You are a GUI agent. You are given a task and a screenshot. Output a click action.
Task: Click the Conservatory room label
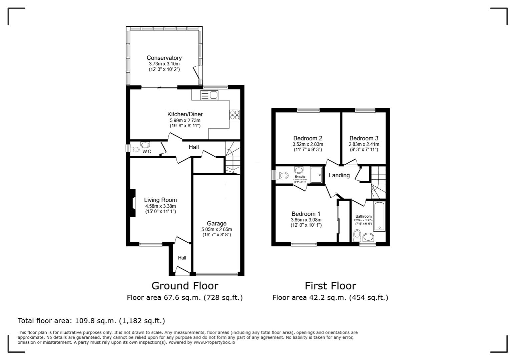[x=164, y=58]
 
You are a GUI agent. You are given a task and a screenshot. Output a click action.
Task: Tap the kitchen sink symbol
[x=209, y=95]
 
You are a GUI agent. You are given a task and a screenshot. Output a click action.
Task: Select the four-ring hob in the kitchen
[x=234, y=114]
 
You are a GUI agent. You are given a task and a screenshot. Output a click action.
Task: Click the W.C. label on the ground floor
[x=147, y=152]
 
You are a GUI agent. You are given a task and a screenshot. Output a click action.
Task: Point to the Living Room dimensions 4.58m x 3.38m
[x=160, y=206]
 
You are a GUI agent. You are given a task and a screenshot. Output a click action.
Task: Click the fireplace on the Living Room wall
[x=132, y=203]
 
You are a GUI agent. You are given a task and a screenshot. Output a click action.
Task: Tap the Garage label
[x=216, y=223]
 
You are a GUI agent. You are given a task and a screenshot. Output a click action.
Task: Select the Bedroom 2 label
[x=308, y=138]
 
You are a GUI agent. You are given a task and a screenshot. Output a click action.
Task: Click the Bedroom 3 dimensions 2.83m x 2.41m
[x=364, y=144]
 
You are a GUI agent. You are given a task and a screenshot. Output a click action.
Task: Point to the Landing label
[x=339, y=175]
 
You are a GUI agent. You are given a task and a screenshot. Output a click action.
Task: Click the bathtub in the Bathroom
[x=379, y=216]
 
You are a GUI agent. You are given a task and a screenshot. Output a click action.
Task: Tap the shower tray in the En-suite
[x=316, y=175]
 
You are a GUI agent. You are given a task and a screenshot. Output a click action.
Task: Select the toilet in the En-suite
[x=283, y=175]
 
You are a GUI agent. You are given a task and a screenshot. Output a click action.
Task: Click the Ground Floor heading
[x=185, y=286]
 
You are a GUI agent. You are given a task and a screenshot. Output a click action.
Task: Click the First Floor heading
[x=330, y=286]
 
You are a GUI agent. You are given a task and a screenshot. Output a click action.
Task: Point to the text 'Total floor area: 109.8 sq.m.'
[x=91, y=321]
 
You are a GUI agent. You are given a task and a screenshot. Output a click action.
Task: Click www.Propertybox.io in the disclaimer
[x=214, y=342]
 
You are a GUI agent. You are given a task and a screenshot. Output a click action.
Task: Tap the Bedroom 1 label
[x=306, y=214]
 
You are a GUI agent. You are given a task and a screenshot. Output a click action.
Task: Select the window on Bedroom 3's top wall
[x=365, y=110]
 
